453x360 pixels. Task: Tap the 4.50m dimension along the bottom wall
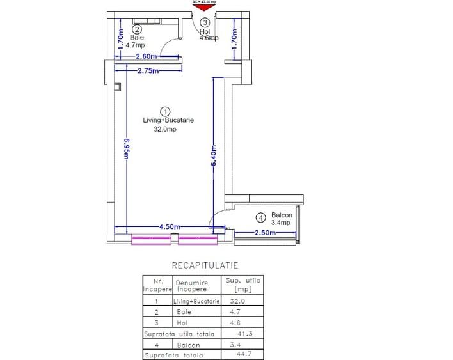170,226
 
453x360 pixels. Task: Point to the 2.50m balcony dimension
265,233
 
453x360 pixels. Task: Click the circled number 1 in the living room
164,111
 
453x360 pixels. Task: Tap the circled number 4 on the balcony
261,216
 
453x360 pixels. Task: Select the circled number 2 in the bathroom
137,29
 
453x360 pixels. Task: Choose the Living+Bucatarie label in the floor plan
168,120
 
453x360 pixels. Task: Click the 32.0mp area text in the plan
164,129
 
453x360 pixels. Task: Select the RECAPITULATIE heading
201,264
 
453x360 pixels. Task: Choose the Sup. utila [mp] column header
240,285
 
